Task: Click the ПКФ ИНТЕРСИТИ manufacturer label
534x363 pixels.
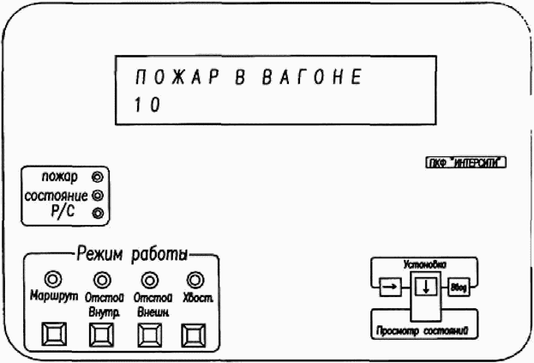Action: pyautogui.click(x=462, y=160)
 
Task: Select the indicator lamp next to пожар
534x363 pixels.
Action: pyautogui.click(x=97, y=178)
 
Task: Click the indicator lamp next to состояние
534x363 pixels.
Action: pyautogui.click(x=97, y=195)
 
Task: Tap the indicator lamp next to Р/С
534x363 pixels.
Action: pyautogui.click(x=97, y=213)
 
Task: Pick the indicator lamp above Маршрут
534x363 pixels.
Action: pyautogui.click(x=56, y=278)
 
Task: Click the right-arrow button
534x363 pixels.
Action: pyautogui.click(x=389, y=287)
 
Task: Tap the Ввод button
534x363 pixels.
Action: pyautogui.click(x=457, y=287)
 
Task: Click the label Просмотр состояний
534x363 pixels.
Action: pyautogui.click(x=423, y=329)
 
